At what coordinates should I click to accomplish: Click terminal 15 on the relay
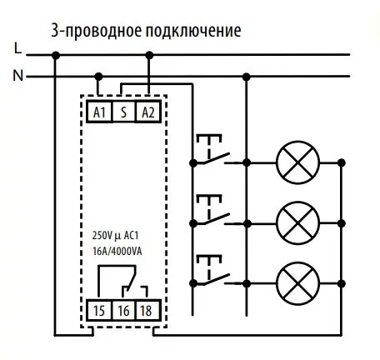(x=99, y=311)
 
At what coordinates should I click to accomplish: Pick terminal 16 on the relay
(x=123, y=311)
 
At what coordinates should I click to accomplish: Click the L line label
(x=18, y=48)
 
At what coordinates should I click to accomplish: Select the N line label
(x=18, y=77)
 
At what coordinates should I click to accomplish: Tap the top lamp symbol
(x=297, y=161)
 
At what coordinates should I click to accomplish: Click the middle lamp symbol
(x=297, y=221)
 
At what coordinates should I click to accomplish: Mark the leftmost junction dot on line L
(x=55, y=55)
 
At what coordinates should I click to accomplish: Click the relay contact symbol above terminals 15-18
(x=125, y=282)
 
